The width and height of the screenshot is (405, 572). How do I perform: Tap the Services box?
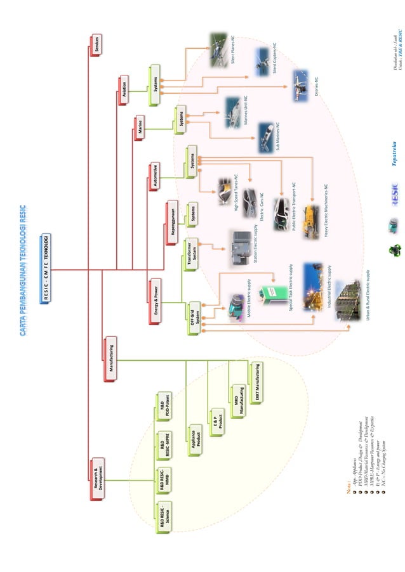95,46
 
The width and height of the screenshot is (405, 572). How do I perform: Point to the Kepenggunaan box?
171,219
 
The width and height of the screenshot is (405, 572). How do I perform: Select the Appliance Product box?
196,440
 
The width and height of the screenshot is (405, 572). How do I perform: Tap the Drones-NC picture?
300,86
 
